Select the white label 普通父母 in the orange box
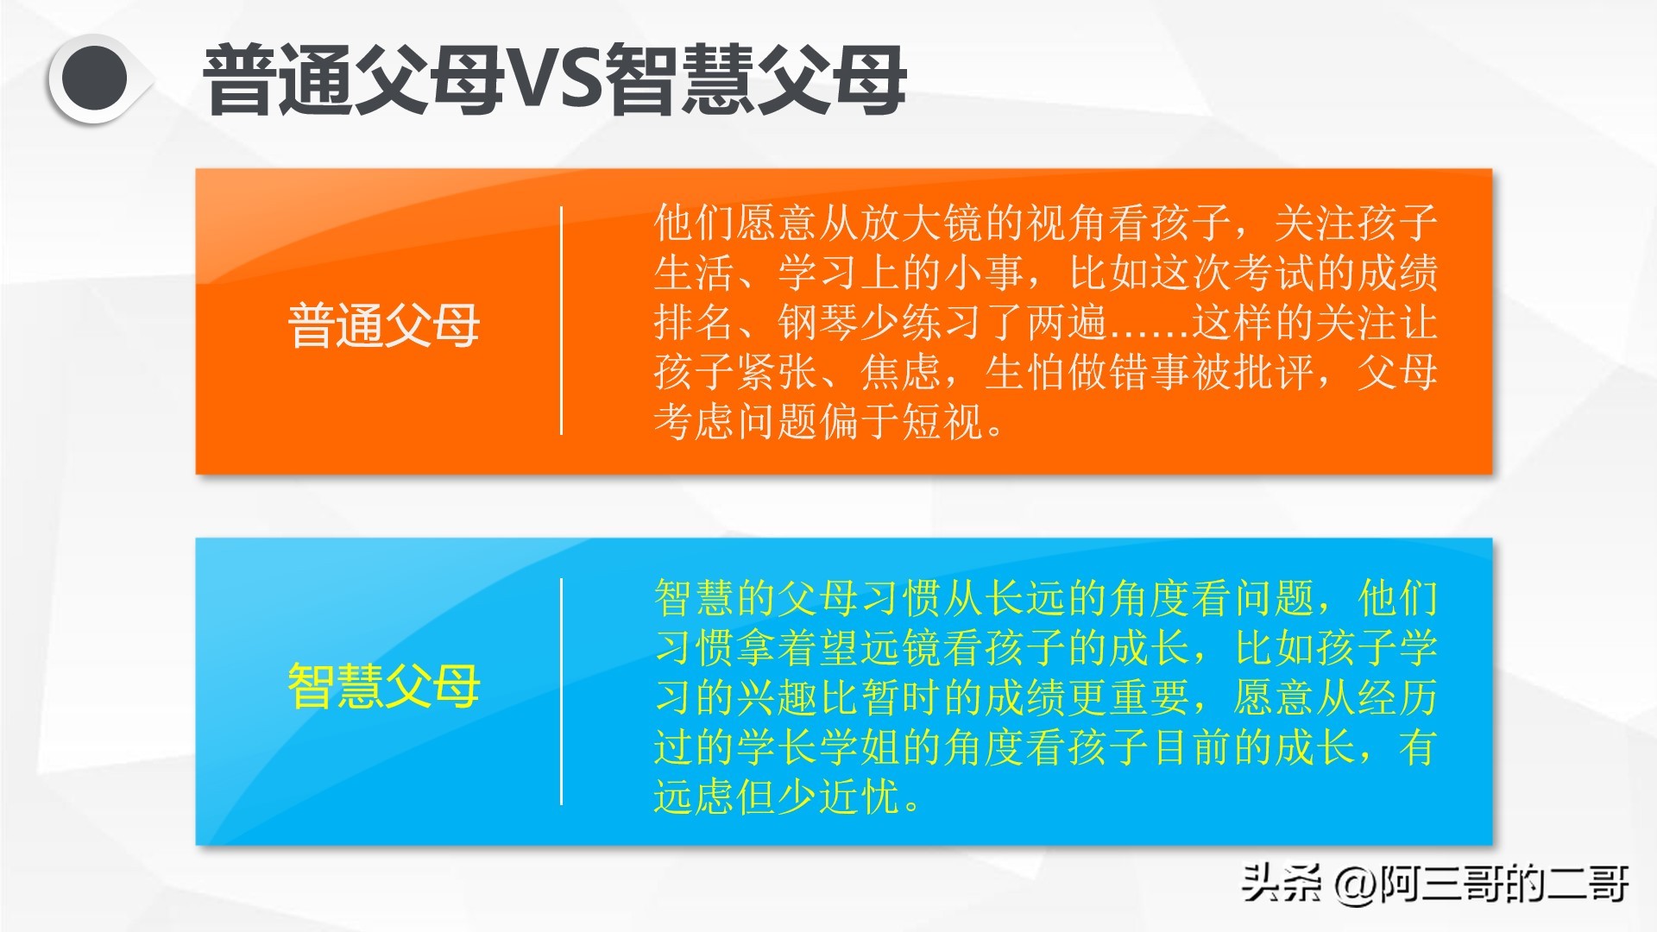[x=383, y=325]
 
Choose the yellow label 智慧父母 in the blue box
[x=383, y=686]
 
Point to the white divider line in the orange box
[x=561, y=320]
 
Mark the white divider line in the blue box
[x=561, y=691]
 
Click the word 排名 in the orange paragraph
[x=694, y=323]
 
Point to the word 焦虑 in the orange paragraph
[x=901, y=373]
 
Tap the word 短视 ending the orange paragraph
[x=942, y=423]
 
